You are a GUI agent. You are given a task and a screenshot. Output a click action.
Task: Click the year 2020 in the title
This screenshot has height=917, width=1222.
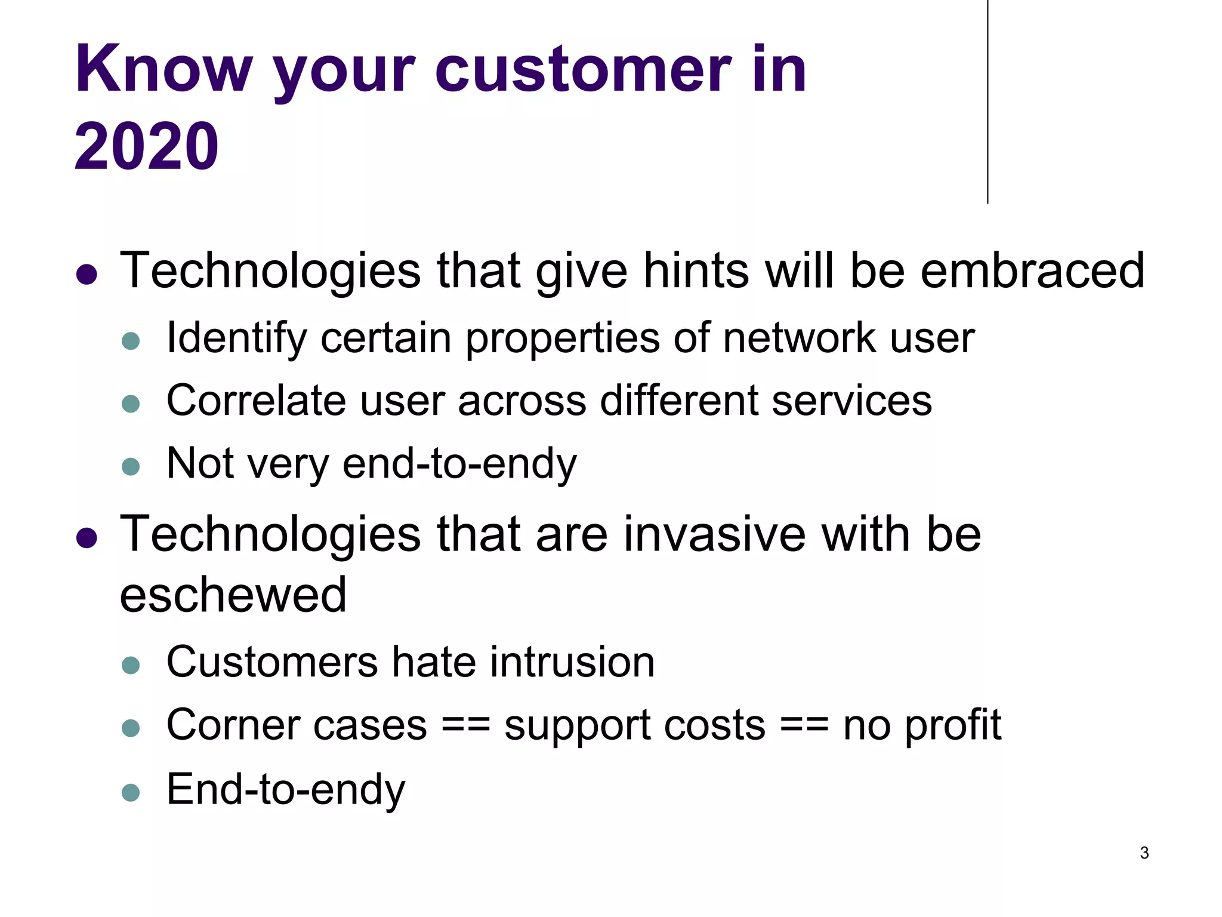click(x=146, y=146)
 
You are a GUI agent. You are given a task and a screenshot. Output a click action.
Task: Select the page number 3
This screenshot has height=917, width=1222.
click(x=1144, y=853)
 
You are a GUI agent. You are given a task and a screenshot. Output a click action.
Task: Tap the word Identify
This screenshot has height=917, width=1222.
click(x=236, y=339)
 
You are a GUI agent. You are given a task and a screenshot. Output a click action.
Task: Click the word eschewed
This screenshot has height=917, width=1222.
click(x=233, y=595)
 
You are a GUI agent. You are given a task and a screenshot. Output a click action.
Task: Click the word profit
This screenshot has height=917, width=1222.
click(x=952, y=725)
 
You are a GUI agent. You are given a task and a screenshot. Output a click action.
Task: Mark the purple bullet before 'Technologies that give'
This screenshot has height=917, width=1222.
click(x=87, y=275)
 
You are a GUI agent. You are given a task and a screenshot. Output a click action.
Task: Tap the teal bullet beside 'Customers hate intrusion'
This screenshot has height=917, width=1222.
click(x=131, y=665)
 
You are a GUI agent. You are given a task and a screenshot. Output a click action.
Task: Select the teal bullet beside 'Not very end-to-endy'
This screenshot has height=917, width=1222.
click(x=131, y=466)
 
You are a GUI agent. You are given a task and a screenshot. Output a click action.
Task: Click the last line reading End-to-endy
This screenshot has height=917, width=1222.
click(x=285, y=790)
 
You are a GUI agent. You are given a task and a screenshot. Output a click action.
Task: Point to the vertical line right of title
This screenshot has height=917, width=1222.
click(x=988, y=101)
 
